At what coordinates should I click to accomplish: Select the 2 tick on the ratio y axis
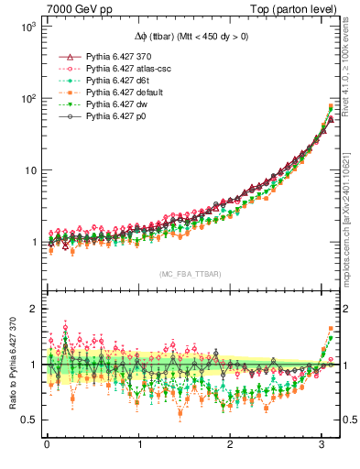tap(33, 309)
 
